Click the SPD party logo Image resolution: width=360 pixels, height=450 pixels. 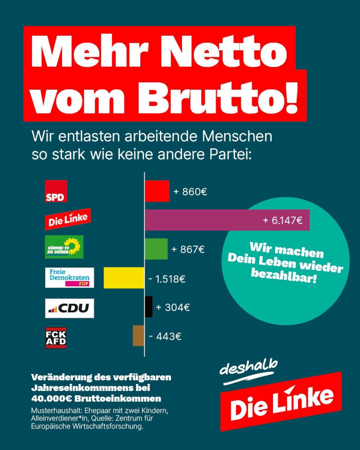56,191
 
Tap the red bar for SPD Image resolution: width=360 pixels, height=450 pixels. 157,191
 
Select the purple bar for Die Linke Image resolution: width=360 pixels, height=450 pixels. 227,220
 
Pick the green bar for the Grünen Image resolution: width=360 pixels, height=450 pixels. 156,249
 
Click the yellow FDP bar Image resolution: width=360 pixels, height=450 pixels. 124,278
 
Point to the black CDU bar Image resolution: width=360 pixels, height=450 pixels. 149,307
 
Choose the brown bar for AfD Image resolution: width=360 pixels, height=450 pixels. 138,336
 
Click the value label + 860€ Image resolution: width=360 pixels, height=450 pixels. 190,192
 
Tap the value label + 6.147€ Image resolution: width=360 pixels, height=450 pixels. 283,220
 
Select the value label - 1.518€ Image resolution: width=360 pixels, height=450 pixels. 167,279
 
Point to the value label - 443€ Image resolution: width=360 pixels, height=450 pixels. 165,337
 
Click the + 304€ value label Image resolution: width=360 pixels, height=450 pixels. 173,307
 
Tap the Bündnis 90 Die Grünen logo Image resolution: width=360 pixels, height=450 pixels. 64,247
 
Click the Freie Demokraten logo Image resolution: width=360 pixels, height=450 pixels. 69,278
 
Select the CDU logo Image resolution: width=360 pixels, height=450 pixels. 69,308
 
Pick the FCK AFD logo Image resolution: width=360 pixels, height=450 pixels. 56,337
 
